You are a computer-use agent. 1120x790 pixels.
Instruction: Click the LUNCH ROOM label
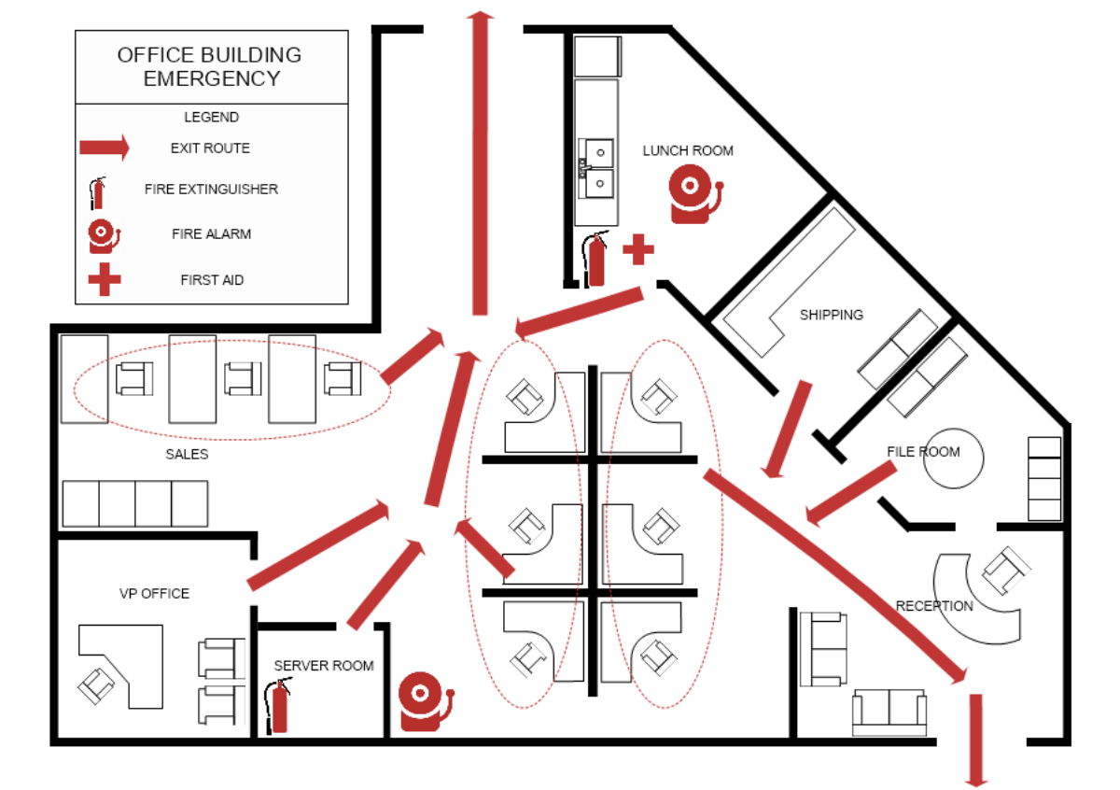pyautogui.click(x=688, y=150)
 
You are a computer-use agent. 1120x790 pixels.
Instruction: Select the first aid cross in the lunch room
pyautogui.click(x=638, y=249)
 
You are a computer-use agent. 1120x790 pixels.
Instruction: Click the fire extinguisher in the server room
pyautogui.click(x=278, y=707)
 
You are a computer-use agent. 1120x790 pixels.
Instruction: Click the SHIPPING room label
pyautogui.click(x=831, y=315)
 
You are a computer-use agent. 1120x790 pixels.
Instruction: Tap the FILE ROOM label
pyautogui.click(x=922, y=452)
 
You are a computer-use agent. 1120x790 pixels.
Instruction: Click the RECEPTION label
pyautogui.click(x=934, y=606)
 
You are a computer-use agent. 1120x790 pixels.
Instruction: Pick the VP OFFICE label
pyautogui.click(x=154, y=593)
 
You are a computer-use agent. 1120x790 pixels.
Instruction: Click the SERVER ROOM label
pyautogui.click(x=323, y=666)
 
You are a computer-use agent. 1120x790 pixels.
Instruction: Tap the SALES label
pyautogui.click(x=187, y=455)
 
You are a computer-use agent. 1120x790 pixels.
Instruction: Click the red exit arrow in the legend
pyautogui.click(x=104, y=147)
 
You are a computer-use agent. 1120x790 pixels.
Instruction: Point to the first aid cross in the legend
pyautogui.click(x=104, y=279)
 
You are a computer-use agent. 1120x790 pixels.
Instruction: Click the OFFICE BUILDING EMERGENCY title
pyautogui.click(x=210, y=66)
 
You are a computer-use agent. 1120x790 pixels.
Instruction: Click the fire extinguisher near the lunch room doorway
pyautogui.click(x=595, y=259)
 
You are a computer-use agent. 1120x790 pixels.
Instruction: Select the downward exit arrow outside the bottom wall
pyautogui.click(x=977, y=738)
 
